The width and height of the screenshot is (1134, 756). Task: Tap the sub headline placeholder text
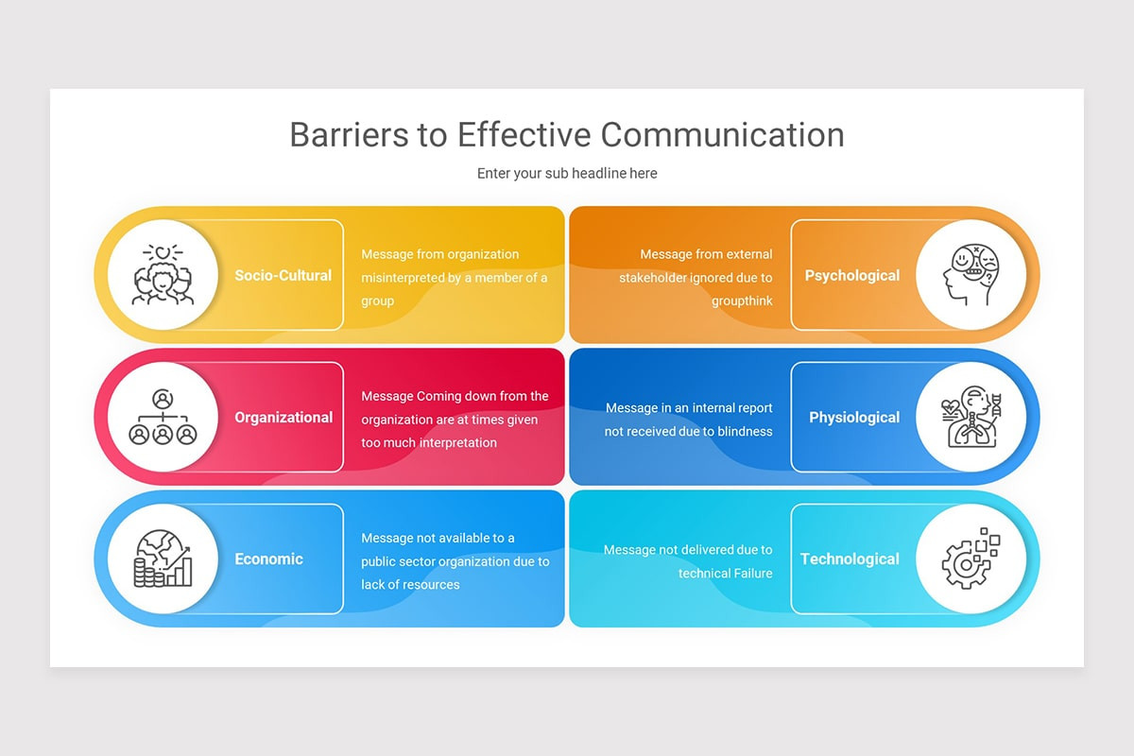click(x=567, y=174)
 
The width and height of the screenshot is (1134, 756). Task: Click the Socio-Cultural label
click(x=283, y=276)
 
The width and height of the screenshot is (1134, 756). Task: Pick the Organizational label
click(x=283, y=418)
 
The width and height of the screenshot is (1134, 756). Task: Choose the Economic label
click(x=268, y=559)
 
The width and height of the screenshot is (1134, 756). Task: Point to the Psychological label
click(x=852, y=276)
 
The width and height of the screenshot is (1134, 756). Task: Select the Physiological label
click(x=854, y=418)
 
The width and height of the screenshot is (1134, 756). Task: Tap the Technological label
click(x=850, y=559)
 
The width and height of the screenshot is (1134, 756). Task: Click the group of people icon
click(x=163, y=275)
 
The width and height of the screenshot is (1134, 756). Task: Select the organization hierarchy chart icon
click(x=163, y=417)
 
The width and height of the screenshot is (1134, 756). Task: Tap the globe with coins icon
click(x=163, y=558)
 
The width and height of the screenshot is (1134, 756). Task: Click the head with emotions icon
click(x=971, y=275)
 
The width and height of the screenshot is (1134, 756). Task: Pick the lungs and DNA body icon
click(x=971, y=417)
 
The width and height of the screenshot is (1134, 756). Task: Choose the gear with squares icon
click(x=971, y=558)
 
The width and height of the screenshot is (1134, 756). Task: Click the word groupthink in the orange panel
click(x=742, y=301)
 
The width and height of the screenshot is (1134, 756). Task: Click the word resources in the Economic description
click(x=430, y=584)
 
